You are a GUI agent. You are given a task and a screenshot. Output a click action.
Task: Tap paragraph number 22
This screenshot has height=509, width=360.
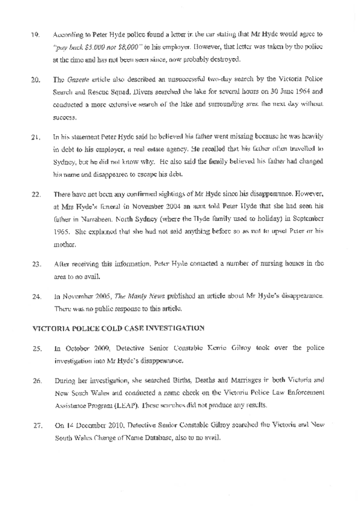[x=35, y=195]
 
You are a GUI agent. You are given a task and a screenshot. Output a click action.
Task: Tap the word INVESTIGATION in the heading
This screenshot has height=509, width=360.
[x=180, y=328]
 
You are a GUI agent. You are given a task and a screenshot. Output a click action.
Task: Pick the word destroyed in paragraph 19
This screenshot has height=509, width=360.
[x=222, y=59]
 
